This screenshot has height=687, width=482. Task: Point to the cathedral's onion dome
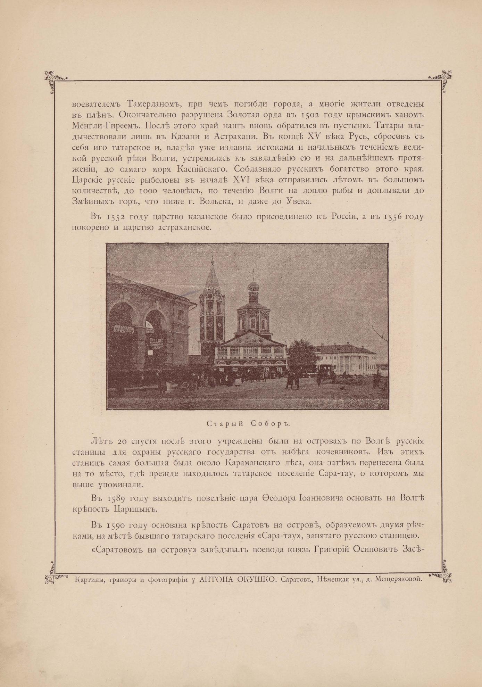pos(253,287)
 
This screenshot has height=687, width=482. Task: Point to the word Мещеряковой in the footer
pos(398,579)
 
